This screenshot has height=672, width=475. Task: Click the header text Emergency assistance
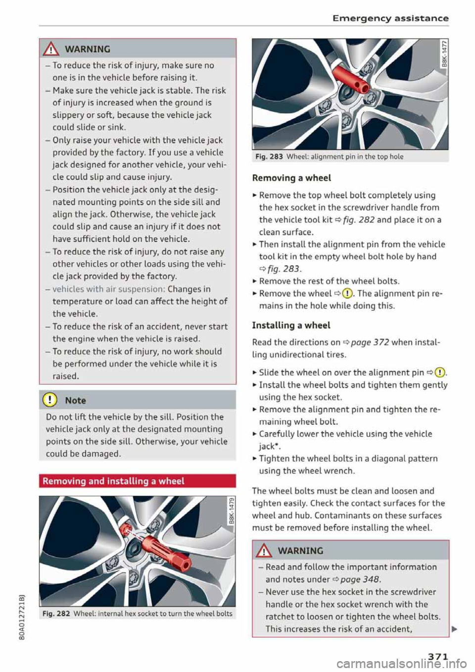pyautogui.click(x=390, y=18)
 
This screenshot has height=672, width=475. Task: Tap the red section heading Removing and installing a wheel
pyautogui.click(x=114, y=481)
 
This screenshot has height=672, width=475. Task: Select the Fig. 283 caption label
pyautogui.click(x=269, y=157)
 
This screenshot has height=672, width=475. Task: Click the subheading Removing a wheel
pyautogui.click(x=291, y=178)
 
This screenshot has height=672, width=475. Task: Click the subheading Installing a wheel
pyautogui.click(x=291, y=326)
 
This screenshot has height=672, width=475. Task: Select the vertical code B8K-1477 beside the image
pyautogui.click(x=444, y=54)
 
